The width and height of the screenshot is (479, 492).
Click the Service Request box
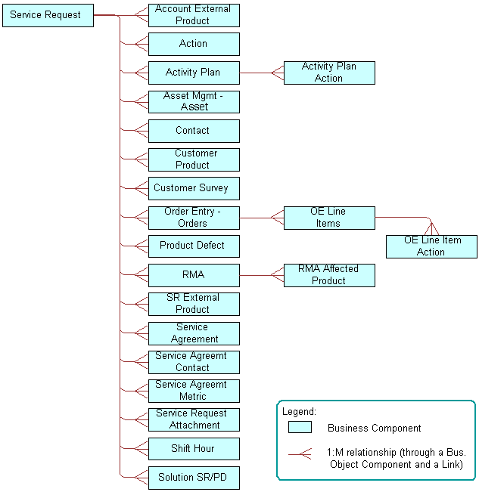pos(48,15)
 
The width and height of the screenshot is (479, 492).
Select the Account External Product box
pos(194,15)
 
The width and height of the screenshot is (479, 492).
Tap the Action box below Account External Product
pos(194,44)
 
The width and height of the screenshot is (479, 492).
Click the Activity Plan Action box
pos(329,73)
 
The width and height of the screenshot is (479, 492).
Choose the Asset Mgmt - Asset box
pos(194,102)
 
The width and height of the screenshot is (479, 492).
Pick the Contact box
pos(194,131)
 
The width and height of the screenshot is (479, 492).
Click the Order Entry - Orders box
pos(194,218)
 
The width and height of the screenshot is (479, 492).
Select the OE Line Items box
pos(329,218)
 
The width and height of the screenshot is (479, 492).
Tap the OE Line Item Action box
pos(431,246)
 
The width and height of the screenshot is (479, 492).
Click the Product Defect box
pos(194,246)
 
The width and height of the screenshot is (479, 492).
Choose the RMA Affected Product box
pos(329,275)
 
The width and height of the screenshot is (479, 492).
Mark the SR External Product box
pos(194,304)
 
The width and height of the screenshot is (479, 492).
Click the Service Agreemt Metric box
pos(194,391)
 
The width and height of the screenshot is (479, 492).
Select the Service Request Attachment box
pos(194,419)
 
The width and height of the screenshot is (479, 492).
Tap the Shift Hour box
pos(194,449)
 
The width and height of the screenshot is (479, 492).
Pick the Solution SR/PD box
pos(194,478)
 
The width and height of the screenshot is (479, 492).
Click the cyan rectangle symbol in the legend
pos(300,428)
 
